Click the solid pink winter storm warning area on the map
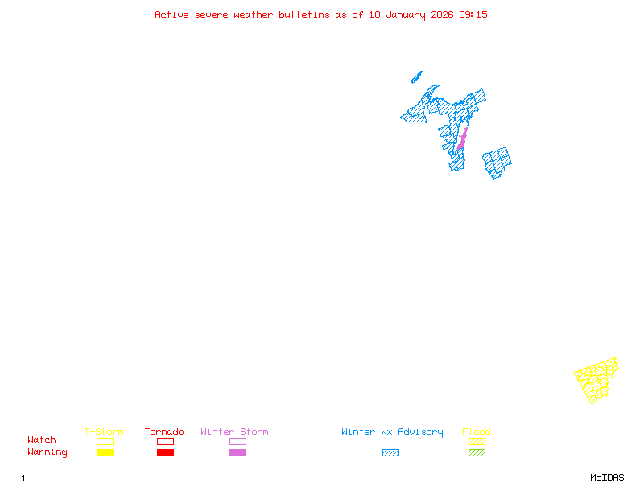462,139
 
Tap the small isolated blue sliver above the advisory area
416,77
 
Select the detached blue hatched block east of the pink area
497,162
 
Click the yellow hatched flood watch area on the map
597,379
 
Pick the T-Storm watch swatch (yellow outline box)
105,441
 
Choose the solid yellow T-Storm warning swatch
105,453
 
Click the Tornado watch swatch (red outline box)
165,441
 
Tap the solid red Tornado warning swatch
165,453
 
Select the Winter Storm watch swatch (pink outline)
237,441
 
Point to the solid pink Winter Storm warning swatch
237,453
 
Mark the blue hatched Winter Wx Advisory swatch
390,453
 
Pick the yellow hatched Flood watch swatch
477,441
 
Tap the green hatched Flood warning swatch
477,453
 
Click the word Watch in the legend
42,440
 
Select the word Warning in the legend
47,452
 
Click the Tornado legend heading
164,432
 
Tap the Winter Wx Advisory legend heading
392,432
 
